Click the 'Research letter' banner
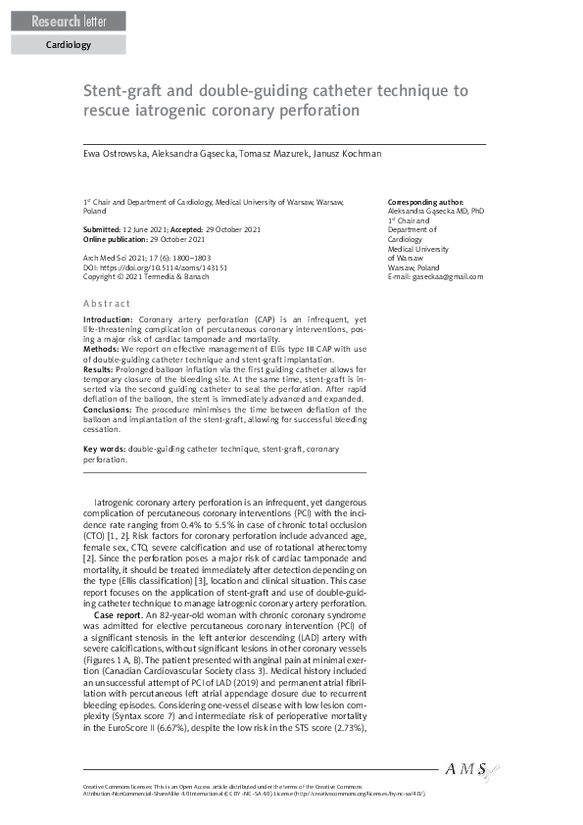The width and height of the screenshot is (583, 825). (65, 22)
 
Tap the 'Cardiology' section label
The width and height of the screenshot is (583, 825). (69, 45)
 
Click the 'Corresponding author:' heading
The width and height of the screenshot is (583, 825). (426, 201)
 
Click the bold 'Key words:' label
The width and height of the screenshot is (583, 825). (105, 448)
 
